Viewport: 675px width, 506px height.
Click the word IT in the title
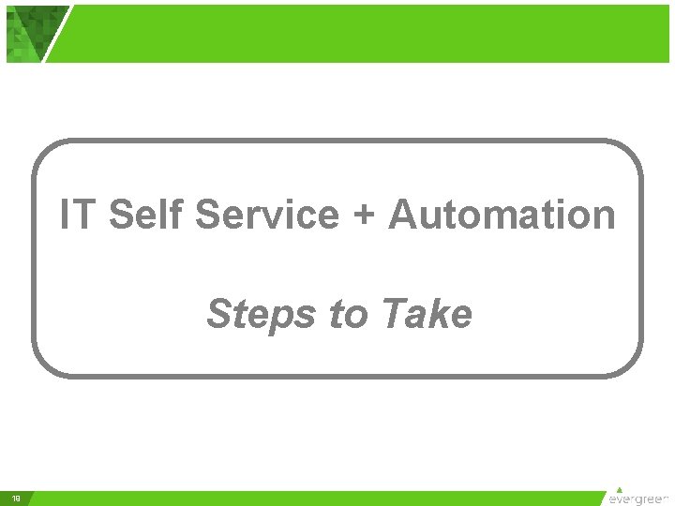pyautogui.click(x=78, y=215)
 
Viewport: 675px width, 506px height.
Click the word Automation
pyautogui.click(x=502, y=215)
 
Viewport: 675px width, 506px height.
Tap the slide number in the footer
pyautogui.click(x=16, y=498)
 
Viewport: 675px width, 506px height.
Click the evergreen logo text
pyautogui.click(x=639, y=499)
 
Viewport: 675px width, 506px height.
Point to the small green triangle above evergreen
pyautogui.click(x=619, y=488)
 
